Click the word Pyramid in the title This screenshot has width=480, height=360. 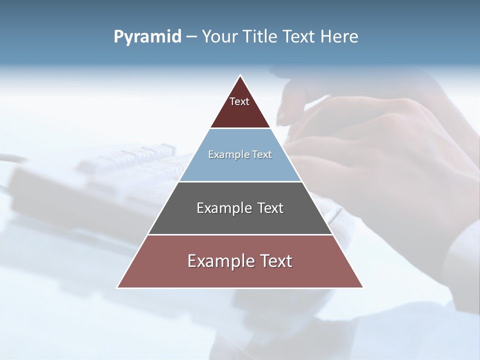[147, 37]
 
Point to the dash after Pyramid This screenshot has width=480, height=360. [191, 37]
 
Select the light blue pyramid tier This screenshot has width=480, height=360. [240, 167]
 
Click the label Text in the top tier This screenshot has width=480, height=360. [239, 101]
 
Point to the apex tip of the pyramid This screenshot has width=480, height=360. [240, 76]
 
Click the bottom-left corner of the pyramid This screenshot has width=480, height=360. [118, 287]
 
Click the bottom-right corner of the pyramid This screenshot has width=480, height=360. [362, 287]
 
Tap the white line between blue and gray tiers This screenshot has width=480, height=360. [240, 181]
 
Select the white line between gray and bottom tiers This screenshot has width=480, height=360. [240, 234]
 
